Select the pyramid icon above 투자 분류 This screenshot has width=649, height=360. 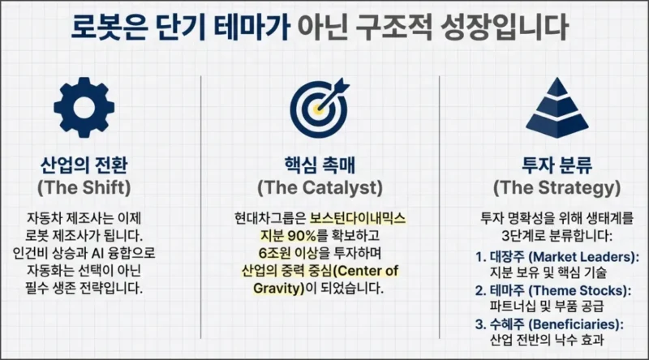(556, 107)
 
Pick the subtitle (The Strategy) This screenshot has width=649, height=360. (556, 188)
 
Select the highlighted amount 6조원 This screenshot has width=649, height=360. (267, 253)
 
